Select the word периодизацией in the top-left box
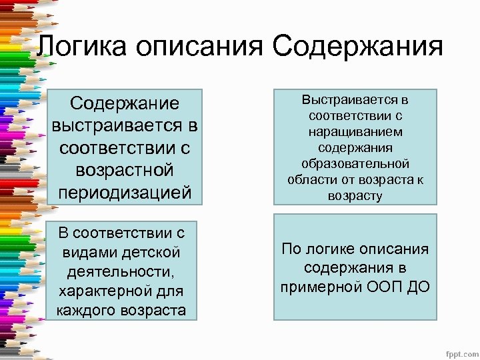(124, 192)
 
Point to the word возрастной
(124, 170)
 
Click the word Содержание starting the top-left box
(124, 103)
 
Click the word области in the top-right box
(311, 180)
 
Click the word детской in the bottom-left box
(150, 253)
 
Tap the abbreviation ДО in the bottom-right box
(419, 287)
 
